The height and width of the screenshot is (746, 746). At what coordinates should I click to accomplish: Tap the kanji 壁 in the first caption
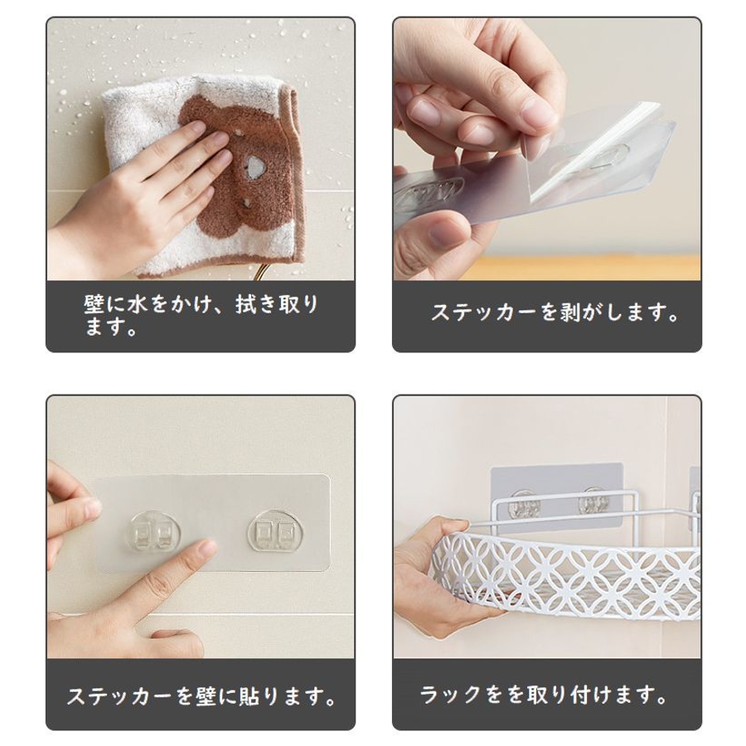pos(94,305)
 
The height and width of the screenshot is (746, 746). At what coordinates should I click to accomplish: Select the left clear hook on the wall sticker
pos(155,531)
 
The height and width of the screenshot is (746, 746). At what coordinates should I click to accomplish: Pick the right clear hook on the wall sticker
pos(273,530)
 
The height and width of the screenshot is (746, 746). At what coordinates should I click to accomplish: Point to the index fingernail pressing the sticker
pos(207,548)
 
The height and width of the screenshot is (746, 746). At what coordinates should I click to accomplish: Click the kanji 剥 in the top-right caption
pos(570,312)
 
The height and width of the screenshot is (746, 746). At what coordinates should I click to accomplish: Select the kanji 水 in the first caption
pos(138,305)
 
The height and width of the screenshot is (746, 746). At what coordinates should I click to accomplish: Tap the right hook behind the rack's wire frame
pos(592,503)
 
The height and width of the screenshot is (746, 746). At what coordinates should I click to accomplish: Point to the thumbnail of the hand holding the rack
pos(459,526)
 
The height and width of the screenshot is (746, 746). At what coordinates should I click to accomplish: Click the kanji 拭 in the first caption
pos(246,305)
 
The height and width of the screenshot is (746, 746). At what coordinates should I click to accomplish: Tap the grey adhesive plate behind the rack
pos(556,495)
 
